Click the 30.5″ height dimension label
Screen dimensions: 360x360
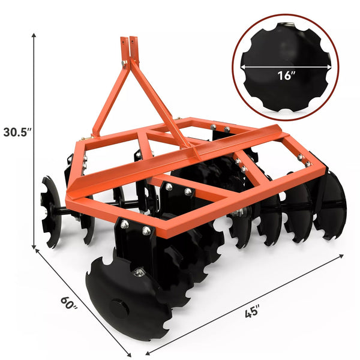coord(17,132)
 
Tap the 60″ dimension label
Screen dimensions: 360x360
coord(68,303)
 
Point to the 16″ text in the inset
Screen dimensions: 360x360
coord(286,76)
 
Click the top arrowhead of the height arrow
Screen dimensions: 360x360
coord(34,35)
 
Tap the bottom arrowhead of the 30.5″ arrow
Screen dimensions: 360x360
coord(34,247)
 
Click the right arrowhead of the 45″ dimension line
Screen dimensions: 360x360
coord(341,256)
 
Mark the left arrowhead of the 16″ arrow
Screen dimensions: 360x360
coord(242,67)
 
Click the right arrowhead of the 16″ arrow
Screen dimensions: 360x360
coord(329,67)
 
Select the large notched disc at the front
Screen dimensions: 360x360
coord(128,298)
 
